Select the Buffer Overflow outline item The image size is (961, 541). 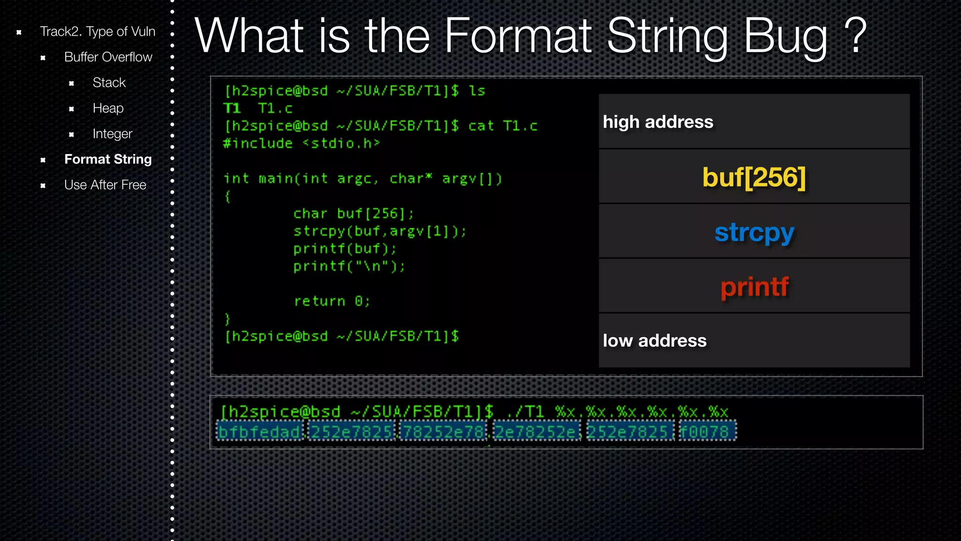pos(108,57)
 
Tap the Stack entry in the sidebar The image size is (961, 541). pos(109,83)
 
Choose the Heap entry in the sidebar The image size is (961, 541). pos(108,108)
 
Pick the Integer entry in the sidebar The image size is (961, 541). pos(112,134)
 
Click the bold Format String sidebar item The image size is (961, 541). pos(108,160)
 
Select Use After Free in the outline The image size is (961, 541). pos(105,185)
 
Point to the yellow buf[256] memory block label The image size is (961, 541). pos(754,178)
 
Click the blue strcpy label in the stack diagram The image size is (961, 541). pos(754,232)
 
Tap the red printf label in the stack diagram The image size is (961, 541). pos(754,286)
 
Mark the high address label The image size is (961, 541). pos(658,122)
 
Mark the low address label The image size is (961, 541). pos(654,341)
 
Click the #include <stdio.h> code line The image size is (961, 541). pos(301,143)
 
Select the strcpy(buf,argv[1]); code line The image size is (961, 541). pos(380,231)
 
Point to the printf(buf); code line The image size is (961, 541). pos(345,249)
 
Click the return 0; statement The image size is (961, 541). pos(332,301)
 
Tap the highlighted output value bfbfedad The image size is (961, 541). pos(259,432)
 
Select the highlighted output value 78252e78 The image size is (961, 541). pos(443,432)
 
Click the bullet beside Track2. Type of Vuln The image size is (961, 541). pos(19,32)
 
